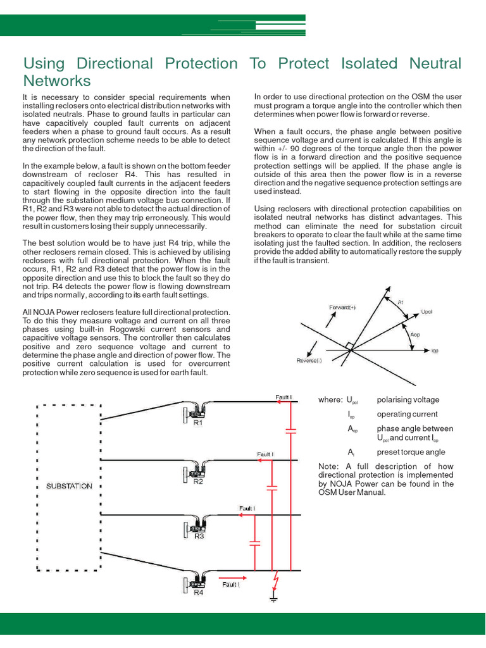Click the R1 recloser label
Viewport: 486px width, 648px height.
click(x=198, y=424)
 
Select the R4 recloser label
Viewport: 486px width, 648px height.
click(x=198, y=593)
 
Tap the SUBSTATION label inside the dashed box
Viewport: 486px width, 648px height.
click(x=70, y=486)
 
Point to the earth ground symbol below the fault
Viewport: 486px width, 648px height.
click(x=273, y=597)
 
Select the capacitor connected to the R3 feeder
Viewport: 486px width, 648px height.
click(x=255, y=543)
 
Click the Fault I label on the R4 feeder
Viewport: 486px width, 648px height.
click(x=230, y=585)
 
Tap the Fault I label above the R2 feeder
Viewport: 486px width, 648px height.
click(x=265, y=454)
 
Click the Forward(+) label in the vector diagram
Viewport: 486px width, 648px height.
click(x=342, y=307)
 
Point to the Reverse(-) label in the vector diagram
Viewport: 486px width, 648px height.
click(x=309, y=361)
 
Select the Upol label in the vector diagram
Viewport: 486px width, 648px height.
click(x=427, y=312)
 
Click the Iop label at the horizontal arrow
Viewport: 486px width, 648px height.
click(x=435, y=349)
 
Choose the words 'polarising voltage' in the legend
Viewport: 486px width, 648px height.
click(x=408, y=399)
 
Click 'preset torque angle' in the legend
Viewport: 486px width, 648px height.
click(x=411, y=452)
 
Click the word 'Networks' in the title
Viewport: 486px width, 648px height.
click(x=57, y=81)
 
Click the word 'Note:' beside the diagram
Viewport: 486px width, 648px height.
click(x=330, y=467)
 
